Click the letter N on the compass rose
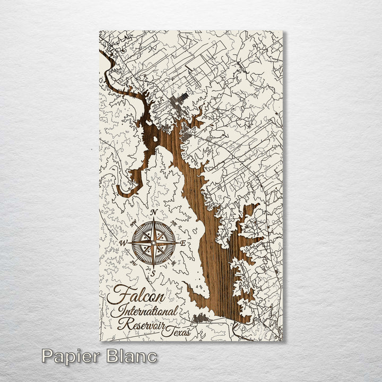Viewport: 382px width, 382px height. pos(154,212)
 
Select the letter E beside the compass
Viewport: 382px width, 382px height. pos(184,244)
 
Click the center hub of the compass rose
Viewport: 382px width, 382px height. pos(154,243)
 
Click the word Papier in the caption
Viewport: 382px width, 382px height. pos(72,356)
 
